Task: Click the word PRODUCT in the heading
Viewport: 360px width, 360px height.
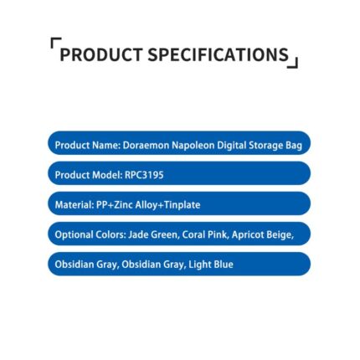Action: (x=101, y=54)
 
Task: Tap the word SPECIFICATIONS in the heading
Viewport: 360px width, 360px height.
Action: (x=219, y=54)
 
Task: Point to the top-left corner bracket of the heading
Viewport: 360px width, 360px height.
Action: (x=56, y=43)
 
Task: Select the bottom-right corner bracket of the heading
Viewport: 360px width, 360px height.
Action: (x=293, y=63)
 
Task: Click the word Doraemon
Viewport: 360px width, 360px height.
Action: (x=146, y=146)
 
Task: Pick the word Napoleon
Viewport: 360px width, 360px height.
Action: (x=193, y=146)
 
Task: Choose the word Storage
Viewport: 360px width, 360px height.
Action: (x=265, y=146)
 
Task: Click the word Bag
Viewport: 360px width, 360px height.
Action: (x=294, y=146)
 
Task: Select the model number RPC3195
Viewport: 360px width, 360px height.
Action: (x=144, y=175)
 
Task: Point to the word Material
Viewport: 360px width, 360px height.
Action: (x=75, y=205)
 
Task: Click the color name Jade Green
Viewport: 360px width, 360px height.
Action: (x=152, y=235)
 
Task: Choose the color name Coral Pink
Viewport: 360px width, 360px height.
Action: (x=204, y=235)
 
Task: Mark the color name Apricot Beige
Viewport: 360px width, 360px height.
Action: (x=262, y=235)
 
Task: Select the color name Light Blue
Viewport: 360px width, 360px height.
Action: (x=211, y=265)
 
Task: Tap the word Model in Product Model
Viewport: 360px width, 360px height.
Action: (x=107, y=175)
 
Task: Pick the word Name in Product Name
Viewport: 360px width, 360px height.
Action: (x=106, y=146)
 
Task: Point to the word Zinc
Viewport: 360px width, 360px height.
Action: (x=124, y=205)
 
